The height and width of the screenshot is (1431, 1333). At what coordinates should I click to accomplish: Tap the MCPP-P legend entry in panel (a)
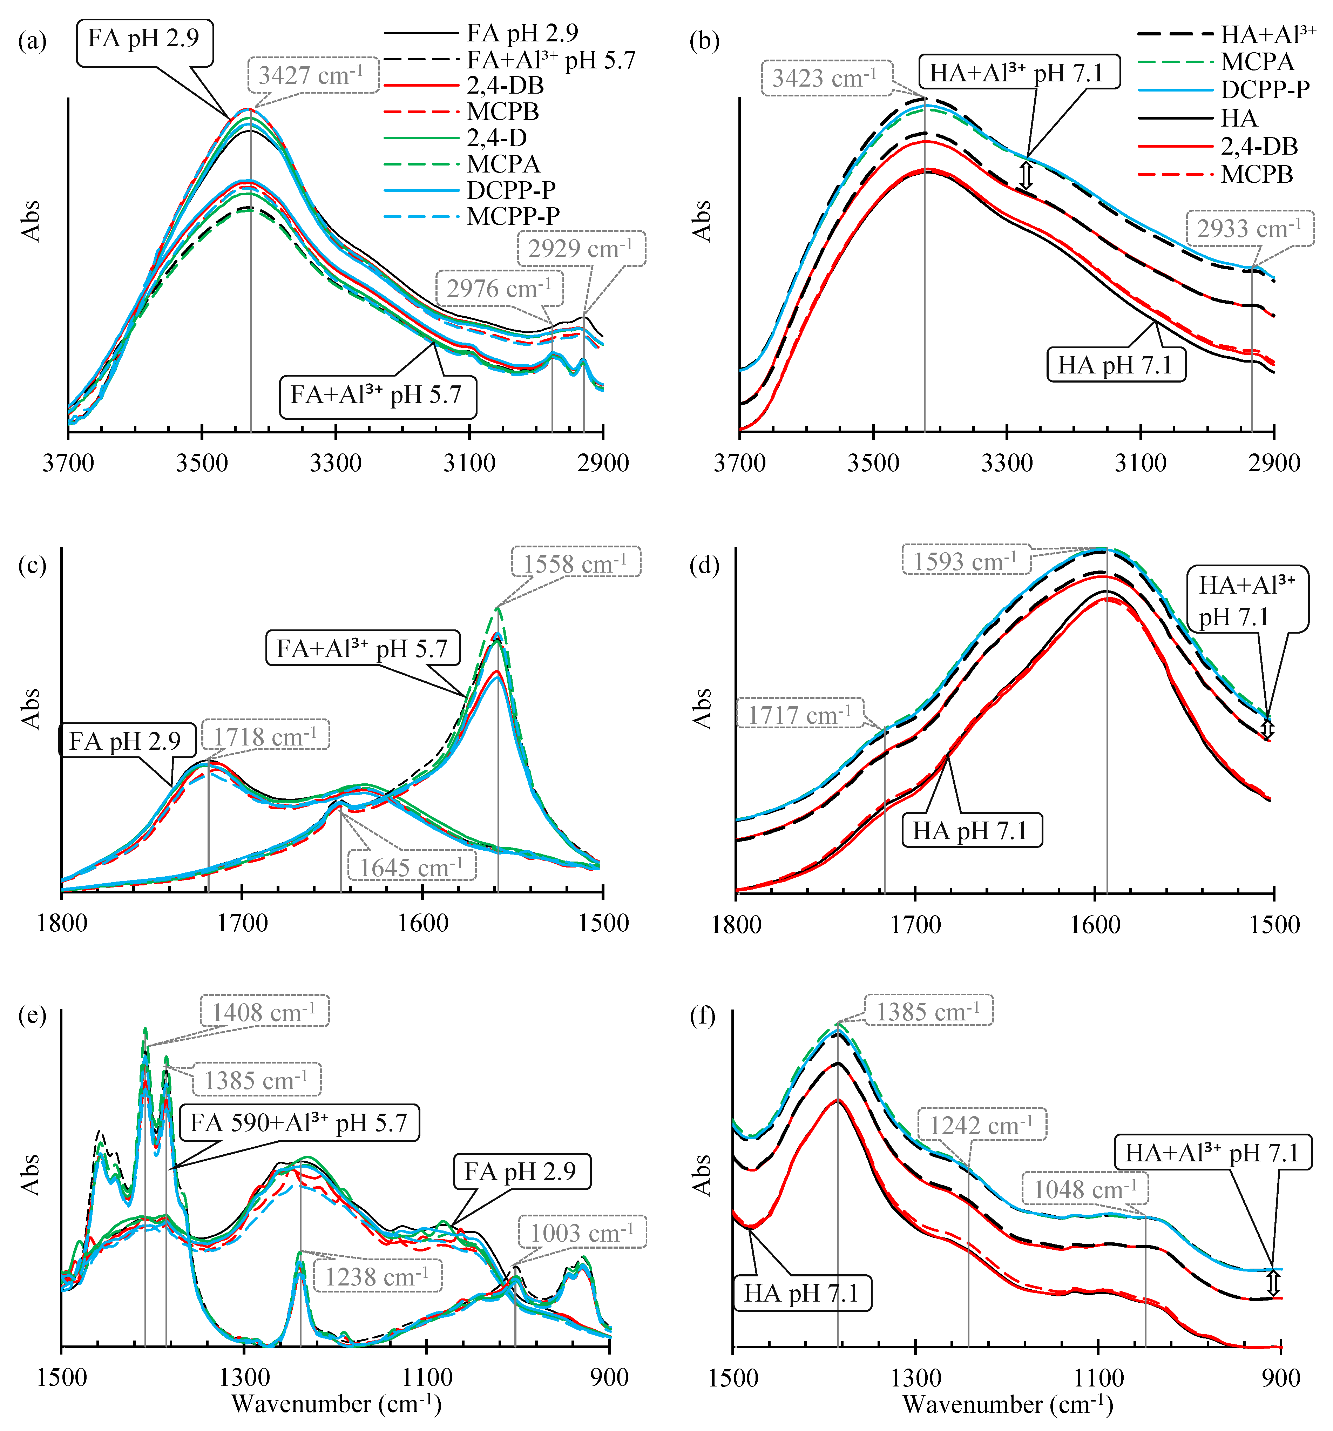513,216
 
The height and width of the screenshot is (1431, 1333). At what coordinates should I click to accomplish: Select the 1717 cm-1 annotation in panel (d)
800,715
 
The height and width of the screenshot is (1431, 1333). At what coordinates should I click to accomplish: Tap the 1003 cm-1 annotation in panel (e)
582,1233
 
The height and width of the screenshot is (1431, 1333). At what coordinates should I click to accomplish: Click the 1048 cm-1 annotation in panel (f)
1085,1189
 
